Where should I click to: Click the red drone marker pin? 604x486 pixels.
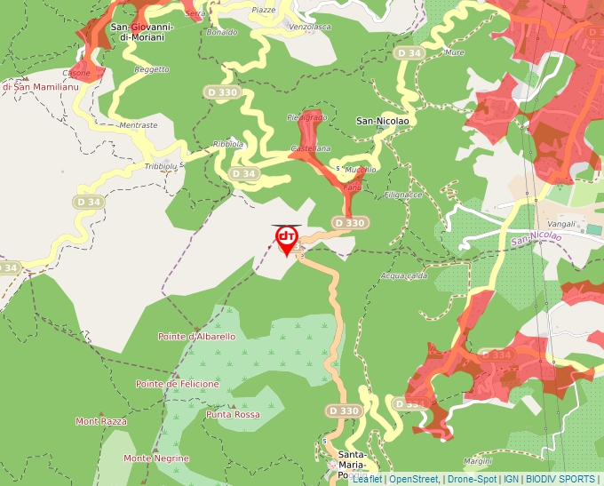[286, 239]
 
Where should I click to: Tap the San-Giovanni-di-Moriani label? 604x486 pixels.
[142, 32]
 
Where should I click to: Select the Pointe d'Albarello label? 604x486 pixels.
[196, 337]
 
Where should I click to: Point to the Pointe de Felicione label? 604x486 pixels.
[177, 384]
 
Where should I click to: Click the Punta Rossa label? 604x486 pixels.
[233, 415]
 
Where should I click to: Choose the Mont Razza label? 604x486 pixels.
[100, 421]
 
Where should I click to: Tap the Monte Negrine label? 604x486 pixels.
[156, 458]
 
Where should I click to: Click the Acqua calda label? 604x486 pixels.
[403, 275]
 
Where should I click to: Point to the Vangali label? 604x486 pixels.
[561, 224]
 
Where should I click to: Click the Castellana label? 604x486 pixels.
[311, 148]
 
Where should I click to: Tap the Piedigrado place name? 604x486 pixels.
[306, 117]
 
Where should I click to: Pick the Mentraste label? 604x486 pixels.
[138, 125]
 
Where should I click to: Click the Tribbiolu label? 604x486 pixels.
[161, 166]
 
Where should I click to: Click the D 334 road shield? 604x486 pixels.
[500, 355]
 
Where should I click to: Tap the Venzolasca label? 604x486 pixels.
[310, 27]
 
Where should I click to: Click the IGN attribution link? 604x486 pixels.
[511, 479]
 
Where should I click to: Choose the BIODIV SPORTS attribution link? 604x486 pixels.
[560, 479]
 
